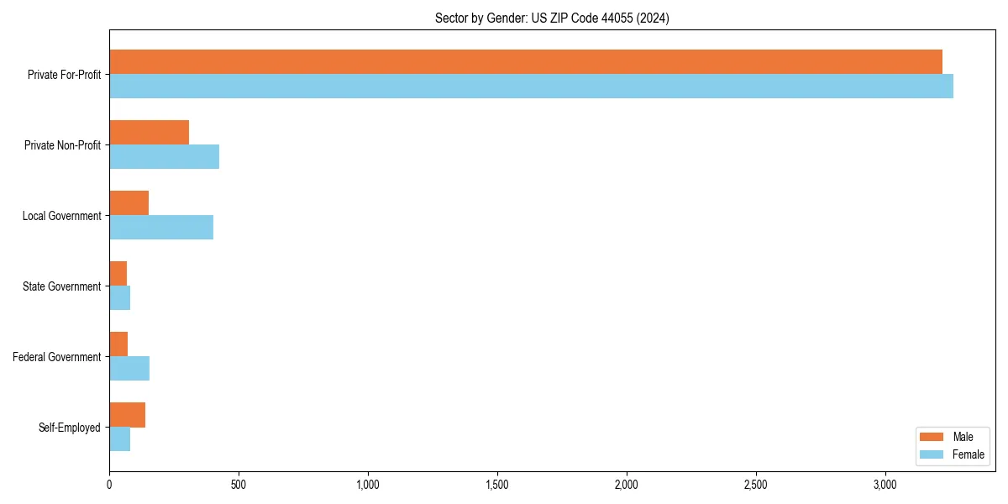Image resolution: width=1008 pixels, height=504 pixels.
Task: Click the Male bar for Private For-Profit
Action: [526, 62]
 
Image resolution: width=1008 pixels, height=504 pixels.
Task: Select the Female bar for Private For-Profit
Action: [531, 87]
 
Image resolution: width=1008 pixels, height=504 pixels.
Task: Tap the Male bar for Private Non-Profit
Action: [149, 133]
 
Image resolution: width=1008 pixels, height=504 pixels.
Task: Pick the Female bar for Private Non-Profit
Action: [164, 157]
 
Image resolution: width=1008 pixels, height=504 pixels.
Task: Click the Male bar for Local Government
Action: [129, 203]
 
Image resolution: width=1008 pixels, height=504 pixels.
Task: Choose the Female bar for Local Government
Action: [161, 228]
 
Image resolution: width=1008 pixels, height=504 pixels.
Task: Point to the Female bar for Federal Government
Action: [129, 369]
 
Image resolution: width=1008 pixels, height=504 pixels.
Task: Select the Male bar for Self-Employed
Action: [127, 415]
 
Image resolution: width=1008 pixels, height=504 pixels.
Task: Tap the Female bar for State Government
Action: [119, 298]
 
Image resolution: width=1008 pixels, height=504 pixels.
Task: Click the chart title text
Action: [552, 18]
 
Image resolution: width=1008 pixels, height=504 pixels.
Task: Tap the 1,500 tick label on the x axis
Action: [497, 485]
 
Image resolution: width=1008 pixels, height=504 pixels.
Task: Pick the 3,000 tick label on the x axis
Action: [885, 485]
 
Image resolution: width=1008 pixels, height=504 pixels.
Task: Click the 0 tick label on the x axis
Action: [109, 485]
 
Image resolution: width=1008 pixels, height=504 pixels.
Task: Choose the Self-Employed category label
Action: [70, 428]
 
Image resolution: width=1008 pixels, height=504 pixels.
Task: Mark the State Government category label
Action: [61, 286]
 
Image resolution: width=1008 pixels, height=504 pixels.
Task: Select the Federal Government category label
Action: [57, 357]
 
